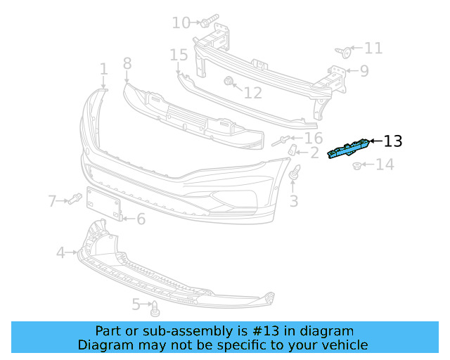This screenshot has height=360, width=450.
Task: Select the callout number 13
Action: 393,141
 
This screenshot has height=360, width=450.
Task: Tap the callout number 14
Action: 384,165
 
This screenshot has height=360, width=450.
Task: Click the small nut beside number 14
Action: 357,166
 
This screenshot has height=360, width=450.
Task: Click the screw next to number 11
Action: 343,51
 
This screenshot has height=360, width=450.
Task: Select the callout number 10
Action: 181,23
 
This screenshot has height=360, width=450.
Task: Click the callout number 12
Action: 252,92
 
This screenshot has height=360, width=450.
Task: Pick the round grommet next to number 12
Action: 229,82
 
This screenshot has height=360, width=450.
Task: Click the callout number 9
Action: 364,70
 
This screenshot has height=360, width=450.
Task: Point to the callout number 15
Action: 179,55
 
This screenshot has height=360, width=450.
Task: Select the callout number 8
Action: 127,64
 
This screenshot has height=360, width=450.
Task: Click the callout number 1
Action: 103,69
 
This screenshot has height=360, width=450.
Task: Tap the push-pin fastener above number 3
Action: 295,171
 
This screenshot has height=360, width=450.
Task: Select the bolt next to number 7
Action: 73,200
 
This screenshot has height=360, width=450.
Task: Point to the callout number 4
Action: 60,252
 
